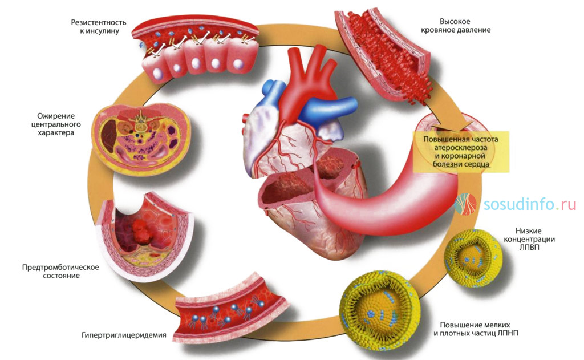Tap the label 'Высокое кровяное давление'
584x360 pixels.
click(x=465, y=25)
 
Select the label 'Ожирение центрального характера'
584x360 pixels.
click(x=56, y=124)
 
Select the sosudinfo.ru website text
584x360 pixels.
click(x=530, y=204)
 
